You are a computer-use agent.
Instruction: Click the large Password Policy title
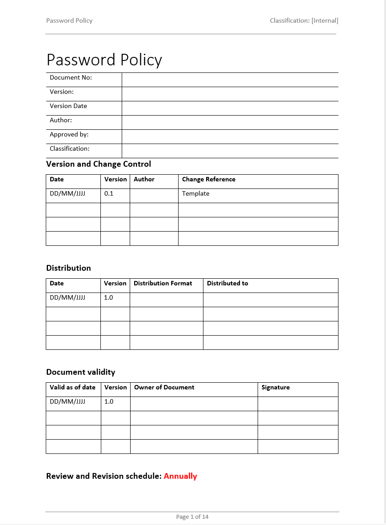click(x=104, y=60)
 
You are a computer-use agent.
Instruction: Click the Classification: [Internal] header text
click(x=304, y=20)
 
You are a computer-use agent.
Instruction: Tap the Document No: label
click(x=71, y=78)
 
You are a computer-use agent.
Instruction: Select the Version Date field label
click(x=68, y=106)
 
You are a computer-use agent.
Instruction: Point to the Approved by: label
click(x=69, y=135)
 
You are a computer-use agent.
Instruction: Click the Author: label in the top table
click(x=61, y=120)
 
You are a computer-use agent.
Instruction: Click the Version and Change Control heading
click(x=99, y=164)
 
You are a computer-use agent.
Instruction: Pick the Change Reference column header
click(x=209, y=180)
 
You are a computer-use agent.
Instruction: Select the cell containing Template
click(x=196, y=194)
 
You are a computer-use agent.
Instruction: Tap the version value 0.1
click(x=109, y=194)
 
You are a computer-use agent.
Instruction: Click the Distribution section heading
click(x=68, y=268)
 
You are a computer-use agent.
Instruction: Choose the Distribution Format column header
click(x=163, y=284)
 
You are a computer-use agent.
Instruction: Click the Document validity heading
click(x=80, y=372)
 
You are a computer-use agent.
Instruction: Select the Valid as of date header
click(x=72, y=388)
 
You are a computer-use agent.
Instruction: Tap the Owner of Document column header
click(x=164, y=388)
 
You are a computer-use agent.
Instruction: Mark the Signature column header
click(x=275, y=388)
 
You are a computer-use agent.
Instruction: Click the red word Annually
click(x=180, y=476)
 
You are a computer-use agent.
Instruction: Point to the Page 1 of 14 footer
click(x=192, y=517)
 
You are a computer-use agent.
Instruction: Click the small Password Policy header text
click(x=69, y=20)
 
